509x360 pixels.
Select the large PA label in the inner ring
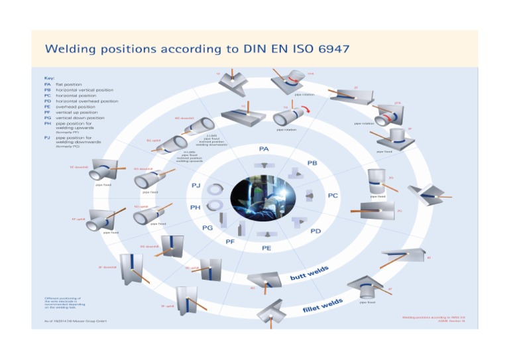(263, 149)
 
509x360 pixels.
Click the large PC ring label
(333, 196)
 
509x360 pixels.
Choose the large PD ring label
(316, 231)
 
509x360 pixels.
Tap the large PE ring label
(266, 248)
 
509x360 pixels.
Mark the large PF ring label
(230, 241)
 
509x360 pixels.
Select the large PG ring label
(207, 227)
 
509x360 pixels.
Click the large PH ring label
(195, 207)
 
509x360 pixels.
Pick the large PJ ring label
(196, 185)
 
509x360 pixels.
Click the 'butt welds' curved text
(310, 272)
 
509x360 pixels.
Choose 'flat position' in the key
(68, 85)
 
